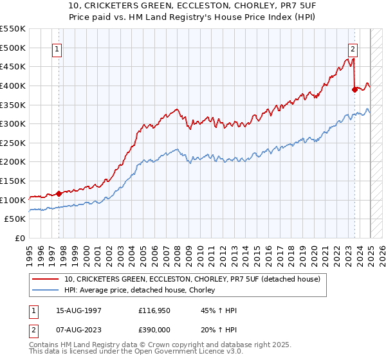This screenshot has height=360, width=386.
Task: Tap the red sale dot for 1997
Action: point(59,193)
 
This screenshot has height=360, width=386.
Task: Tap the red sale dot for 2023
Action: point(354,89)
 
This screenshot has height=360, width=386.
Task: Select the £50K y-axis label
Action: point(15,219)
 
